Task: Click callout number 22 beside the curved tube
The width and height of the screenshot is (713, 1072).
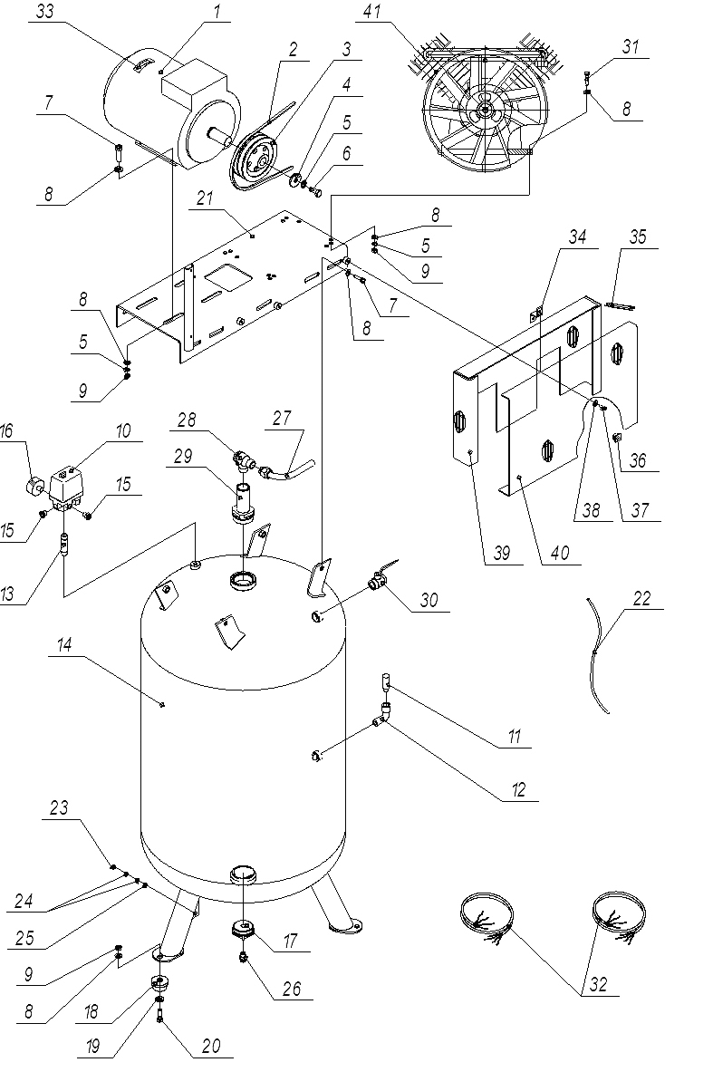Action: pos(641,599)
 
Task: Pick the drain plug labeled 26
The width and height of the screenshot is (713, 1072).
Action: pos(244,956)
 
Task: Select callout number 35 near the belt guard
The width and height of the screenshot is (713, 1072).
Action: pos(639,238)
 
